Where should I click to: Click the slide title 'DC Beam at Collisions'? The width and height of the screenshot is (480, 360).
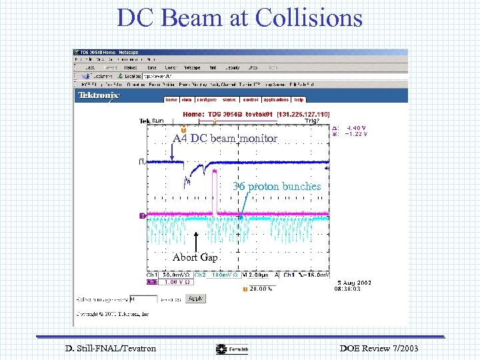(240, 18)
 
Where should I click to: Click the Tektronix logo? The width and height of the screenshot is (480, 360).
(99, 96)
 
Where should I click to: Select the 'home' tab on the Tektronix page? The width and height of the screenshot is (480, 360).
(171, 99)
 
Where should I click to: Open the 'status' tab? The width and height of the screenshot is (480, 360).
(229, 99)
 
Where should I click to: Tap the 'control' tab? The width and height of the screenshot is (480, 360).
(250, 99)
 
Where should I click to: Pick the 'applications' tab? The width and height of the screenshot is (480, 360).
(275, 99)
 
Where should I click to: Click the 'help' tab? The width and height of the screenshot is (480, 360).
(299, 99)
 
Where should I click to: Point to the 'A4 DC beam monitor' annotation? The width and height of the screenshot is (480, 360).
(225, 139)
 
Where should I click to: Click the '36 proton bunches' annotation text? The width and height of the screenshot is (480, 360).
(277, 187)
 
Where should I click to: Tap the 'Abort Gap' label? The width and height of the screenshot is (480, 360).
(195, 257)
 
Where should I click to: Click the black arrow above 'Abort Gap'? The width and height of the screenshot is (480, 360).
(196, 241)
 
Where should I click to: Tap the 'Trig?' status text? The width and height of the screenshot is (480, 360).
(311, 121)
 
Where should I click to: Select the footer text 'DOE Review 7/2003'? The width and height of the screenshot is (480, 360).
(379, 348)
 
